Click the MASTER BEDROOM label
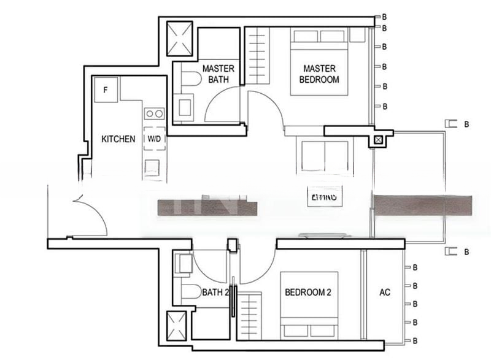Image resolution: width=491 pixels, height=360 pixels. [x=319, y=74]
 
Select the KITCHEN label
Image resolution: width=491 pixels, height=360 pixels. [x=118, y=139]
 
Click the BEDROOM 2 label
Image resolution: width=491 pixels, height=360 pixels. [x=308, y=293]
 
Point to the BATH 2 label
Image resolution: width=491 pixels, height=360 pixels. [x=215, y=293]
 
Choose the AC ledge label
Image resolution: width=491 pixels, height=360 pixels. [x=385, y=293]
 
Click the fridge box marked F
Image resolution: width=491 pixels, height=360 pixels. [x=106, y=90]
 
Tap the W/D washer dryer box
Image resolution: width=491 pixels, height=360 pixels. [x=154, y=139]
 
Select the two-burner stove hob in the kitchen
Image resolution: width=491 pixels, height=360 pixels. [x=154, y=113]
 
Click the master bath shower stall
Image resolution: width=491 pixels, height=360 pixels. [x=180, y=38]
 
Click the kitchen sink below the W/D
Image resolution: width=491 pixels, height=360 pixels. [x=152, y=167]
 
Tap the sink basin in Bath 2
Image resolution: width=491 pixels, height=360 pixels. [x=183, y=264]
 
